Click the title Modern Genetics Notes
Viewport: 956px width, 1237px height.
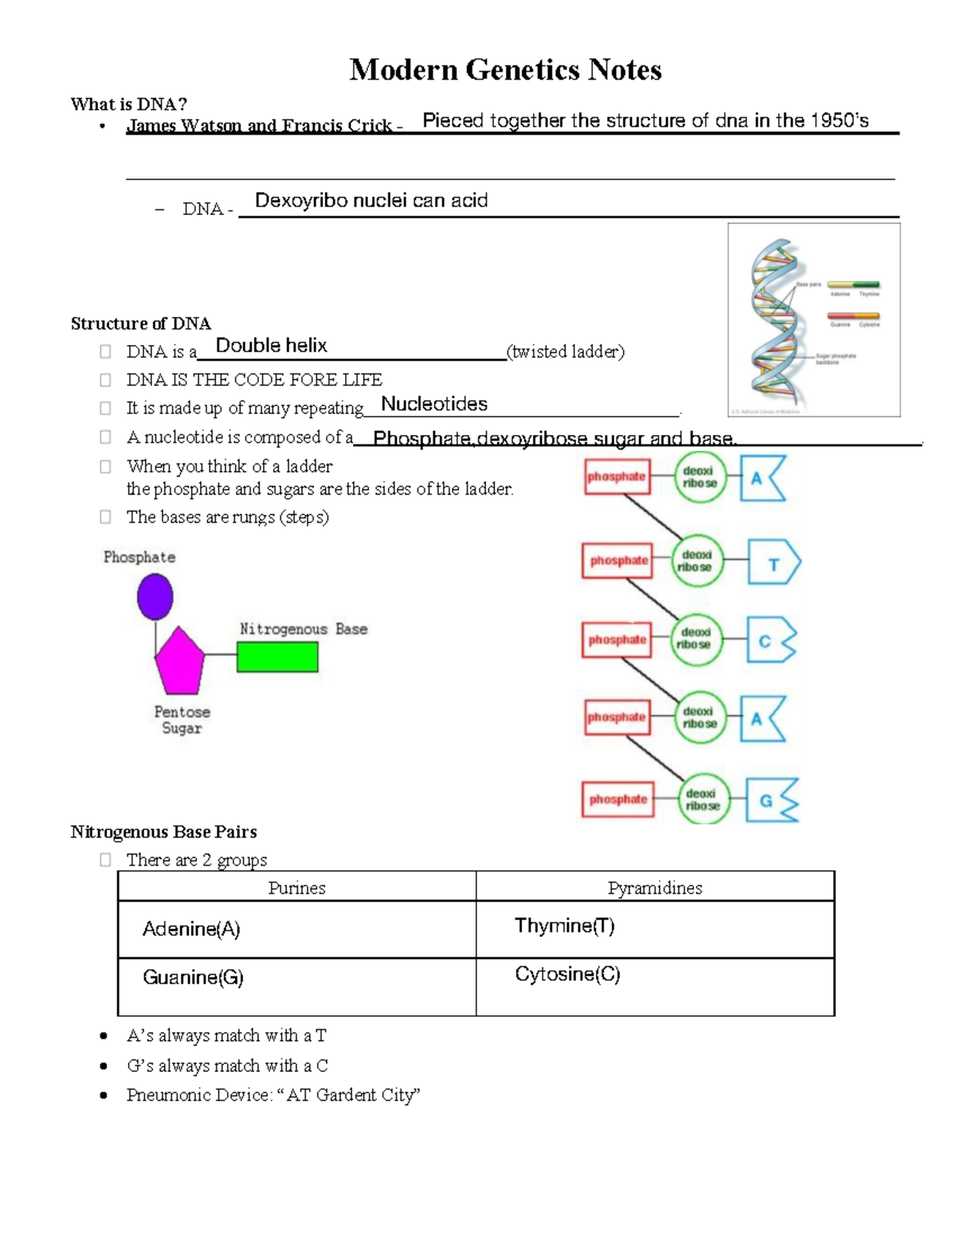pyautogui.click(x=505, y=70)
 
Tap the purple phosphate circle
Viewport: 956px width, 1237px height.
pyautogui.click(x=155, y=597)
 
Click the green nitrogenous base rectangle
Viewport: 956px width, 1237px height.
pyautogui.click(x=277, y=657)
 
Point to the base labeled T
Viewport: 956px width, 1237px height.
pyautogui.click(x=773, y=564)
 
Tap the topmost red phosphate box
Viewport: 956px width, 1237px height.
pyautogui.click(x=617, y=476)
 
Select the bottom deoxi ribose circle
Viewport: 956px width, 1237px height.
pyautogui.click(x=703, y=799)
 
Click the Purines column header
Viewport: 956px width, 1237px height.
pyautogui.click(x=296, y=887)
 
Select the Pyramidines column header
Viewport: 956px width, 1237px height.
pyautogui.click(x=655, y=887)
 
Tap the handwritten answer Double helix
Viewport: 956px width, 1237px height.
pyautogui.click(x=272, y=346)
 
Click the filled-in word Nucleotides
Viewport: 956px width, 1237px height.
pyautogui.click(x=434, y=404)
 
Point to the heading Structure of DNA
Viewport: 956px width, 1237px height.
pyautogui.click(x=140, y=323)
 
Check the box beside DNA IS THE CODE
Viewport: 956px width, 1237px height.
pyautogui.click(x=105, y=380)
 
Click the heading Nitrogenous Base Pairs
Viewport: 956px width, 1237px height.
pyautogui.click(x=163, y=832)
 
